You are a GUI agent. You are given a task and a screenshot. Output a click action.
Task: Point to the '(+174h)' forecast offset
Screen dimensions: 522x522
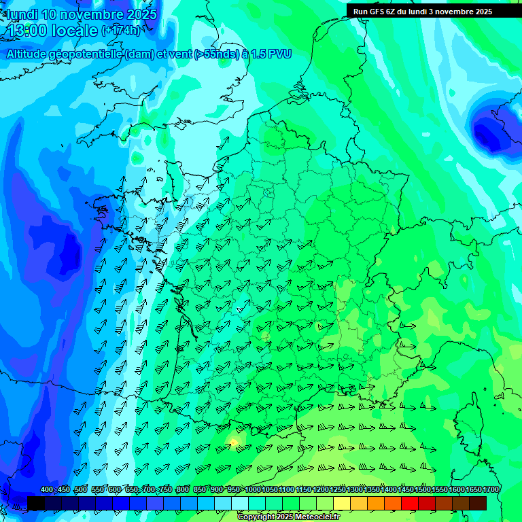[x=121, y=31]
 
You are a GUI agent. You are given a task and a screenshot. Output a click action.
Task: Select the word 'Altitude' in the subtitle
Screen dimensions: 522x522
[x=31, y=54]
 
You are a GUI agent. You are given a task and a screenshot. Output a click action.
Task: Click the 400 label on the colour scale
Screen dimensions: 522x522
[x=47, y=490]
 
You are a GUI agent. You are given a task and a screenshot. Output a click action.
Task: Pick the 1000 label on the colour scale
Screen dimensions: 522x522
[x=252, y=490]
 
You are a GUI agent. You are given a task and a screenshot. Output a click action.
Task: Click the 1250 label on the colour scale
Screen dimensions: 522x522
[x=338, y=490]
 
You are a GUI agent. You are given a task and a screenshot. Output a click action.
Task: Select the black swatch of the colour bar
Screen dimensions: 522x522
[x=36, y=503]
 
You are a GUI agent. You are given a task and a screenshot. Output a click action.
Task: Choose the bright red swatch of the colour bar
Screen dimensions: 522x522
[x=410, y=503]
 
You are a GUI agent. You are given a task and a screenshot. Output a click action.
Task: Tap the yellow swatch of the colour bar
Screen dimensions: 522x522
[x=342, y=503]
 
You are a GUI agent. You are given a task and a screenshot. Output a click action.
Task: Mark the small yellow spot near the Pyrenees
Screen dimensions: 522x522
[x=233, y=442]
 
